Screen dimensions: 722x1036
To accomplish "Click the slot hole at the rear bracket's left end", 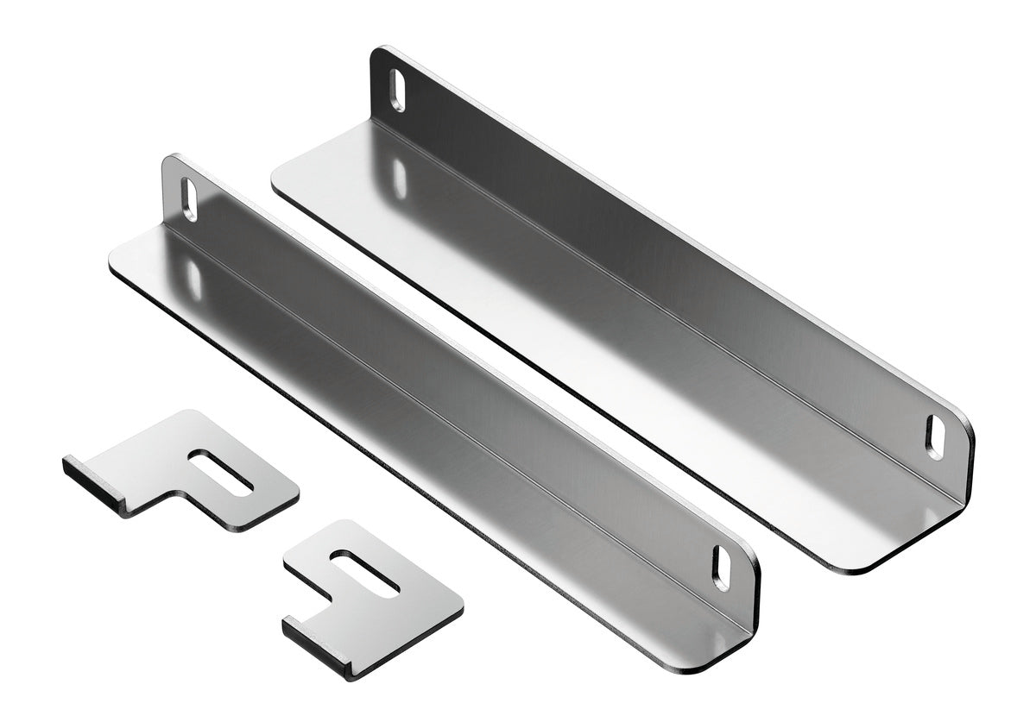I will (396, 91).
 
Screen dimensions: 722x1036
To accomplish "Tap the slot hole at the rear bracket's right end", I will (935, 436).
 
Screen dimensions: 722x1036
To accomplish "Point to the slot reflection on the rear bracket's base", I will (399, 178).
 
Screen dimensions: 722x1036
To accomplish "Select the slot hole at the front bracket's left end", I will (189, 199).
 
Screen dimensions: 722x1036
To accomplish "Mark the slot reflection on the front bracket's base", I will (193, 279).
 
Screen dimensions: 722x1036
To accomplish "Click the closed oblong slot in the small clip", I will (221, 472).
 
